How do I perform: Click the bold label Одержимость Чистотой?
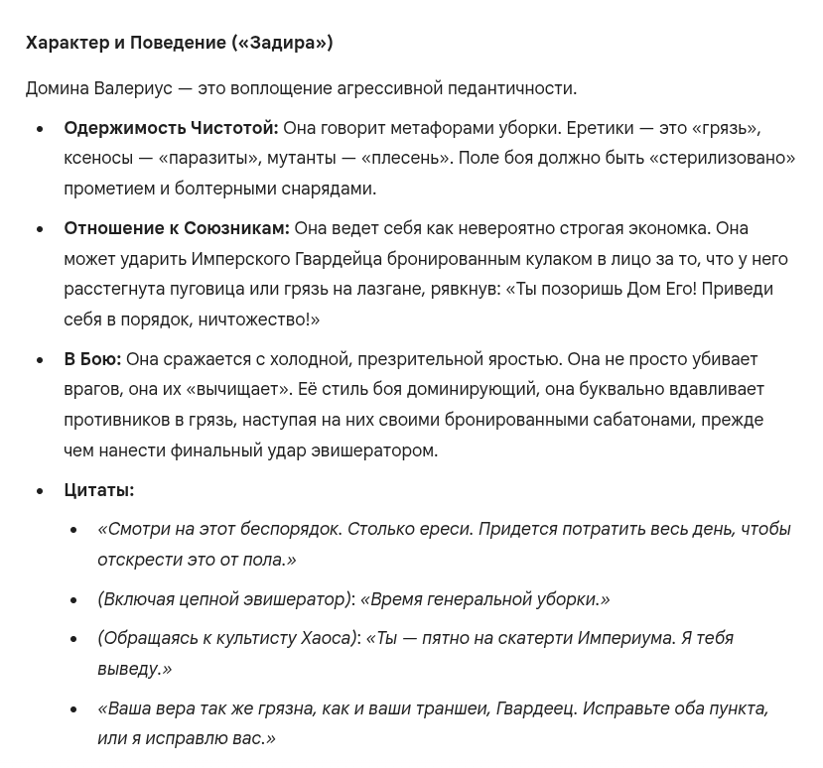pyautogui.click(x=171, y=128)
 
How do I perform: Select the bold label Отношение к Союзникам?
pyautogui.click(x=177, y=228)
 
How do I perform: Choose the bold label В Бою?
pyautogui.click(x=92, y=359)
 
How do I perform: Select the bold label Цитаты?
pyautogui.click(x=98, y=490)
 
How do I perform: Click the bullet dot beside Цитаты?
pyautogui.click(x=41, y=491)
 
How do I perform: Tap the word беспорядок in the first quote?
pyautogui.click(x=289, y=529)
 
